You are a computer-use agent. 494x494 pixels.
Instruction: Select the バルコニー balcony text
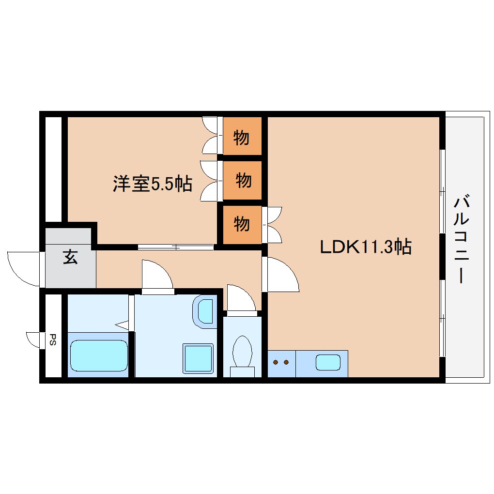tap(461, 240)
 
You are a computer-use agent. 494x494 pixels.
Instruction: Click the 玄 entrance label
tap(70, 258)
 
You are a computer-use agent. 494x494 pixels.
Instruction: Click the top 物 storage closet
tap(242, 138)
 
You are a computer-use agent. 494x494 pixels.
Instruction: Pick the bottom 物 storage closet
tap(242, 224)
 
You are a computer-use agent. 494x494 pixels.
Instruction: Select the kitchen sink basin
tap(328, 362)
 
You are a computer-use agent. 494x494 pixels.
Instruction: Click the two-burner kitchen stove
tap(281, 362)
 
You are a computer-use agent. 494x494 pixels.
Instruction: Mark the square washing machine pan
tap(198, 358)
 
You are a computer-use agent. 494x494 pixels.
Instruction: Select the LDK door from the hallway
tap(281, 275)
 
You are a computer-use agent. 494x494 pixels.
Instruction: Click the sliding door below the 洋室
tap(176, 247)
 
